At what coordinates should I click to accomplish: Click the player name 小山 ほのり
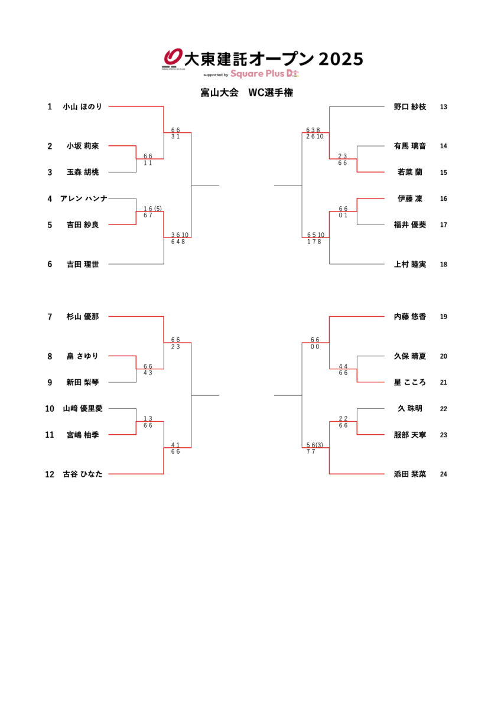coord(83,107)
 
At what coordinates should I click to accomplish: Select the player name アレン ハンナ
coord(84,199)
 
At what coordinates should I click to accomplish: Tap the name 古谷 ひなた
coord(83,474)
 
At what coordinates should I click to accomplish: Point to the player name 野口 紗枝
coord(410,107)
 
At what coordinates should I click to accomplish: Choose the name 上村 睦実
coord(410,264)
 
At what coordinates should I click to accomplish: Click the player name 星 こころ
coord(410,382)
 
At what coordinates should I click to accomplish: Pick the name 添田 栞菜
coord(410,474)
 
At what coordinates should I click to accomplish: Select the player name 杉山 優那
coord(83,317)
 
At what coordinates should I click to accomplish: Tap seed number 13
coord(444,107)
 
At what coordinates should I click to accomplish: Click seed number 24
coord(444,474)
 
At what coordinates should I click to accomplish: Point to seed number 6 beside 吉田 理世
coord(50,264)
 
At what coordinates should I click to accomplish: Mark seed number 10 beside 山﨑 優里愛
coord(50,408)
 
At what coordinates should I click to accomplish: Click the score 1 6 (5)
coord(152,209)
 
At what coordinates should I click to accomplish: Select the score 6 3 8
coord(313,130)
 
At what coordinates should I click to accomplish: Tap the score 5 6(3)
coord(314,445)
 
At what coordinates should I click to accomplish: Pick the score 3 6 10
coord(180,235)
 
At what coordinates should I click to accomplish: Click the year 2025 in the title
coord(340,59)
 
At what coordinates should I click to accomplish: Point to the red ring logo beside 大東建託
coord(173,57)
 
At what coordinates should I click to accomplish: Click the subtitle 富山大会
coord(219,93)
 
